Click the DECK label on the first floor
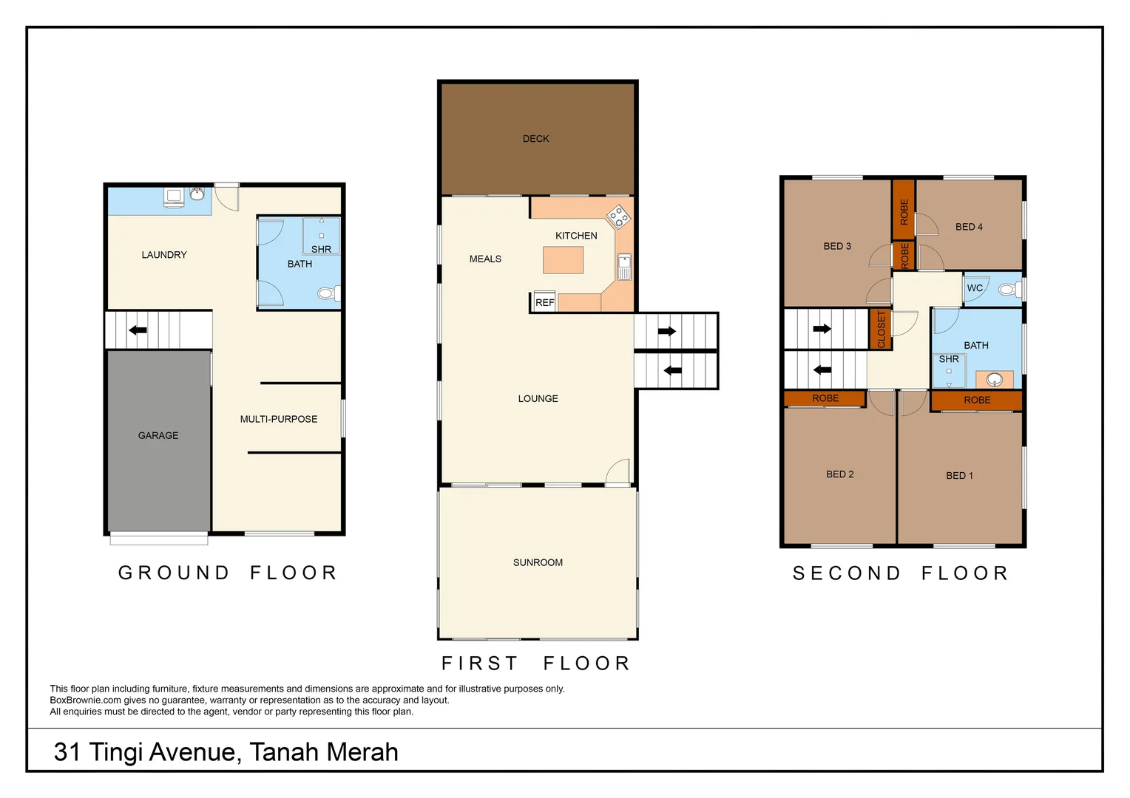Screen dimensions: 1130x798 point(535,139)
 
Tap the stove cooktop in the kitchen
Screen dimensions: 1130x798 point(618,217)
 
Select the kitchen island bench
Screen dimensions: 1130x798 point(563,260)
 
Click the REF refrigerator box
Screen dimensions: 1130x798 point(545,302)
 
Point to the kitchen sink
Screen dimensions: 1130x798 point(624,267)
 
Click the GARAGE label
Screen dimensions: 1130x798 point(158,435)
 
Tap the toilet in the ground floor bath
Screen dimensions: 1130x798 point(329,293)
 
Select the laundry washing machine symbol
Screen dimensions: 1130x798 point(174,198)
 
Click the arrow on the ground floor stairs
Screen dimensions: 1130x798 point(138,330)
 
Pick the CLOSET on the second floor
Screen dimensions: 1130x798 point(881,330)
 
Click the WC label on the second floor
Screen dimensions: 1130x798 point(975,288)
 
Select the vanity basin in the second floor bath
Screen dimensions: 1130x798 point(995,380)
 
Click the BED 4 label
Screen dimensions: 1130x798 point(969,227)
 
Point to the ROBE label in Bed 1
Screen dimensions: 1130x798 point(977,400)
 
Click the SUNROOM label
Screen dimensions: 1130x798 point(538,562)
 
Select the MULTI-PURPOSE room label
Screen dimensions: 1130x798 point(279,419)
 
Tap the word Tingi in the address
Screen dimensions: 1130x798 point(117,752)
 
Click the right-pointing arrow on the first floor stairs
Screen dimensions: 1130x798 point(667,331)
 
